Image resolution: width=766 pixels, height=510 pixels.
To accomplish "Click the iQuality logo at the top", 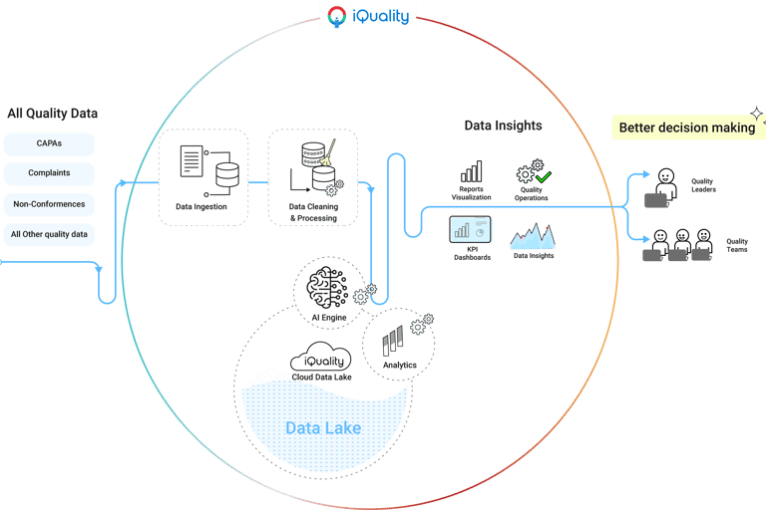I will click(x=368, y=17).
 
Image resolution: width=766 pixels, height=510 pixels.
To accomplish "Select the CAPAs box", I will click(x=49, y=143).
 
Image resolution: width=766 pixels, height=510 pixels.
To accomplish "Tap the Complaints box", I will click(x=49, y=173).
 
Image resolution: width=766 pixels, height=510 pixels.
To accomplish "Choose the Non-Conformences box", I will click(x=49, y=204).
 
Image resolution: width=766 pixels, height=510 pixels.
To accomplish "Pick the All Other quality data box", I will click(x=49, y=235).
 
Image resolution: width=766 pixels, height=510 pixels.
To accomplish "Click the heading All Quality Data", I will click(x=52, y=114).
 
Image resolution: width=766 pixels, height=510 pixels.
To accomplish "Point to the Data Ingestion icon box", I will click(x=201, y=176).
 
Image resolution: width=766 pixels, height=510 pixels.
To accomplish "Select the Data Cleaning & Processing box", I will click(x=312, y=176).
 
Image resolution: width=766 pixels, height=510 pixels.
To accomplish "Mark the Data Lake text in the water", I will click(x=323, y=428).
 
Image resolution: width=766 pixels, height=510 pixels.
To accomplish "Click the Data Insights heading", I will click(x=503, y=126).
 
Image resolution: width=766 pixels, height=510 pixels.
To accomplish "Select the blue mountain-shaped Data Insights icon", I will click(x=533, y=236).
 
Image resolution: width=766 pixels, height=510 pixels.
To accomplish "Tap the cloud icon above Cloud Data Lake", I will click(x=319, y=361).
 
